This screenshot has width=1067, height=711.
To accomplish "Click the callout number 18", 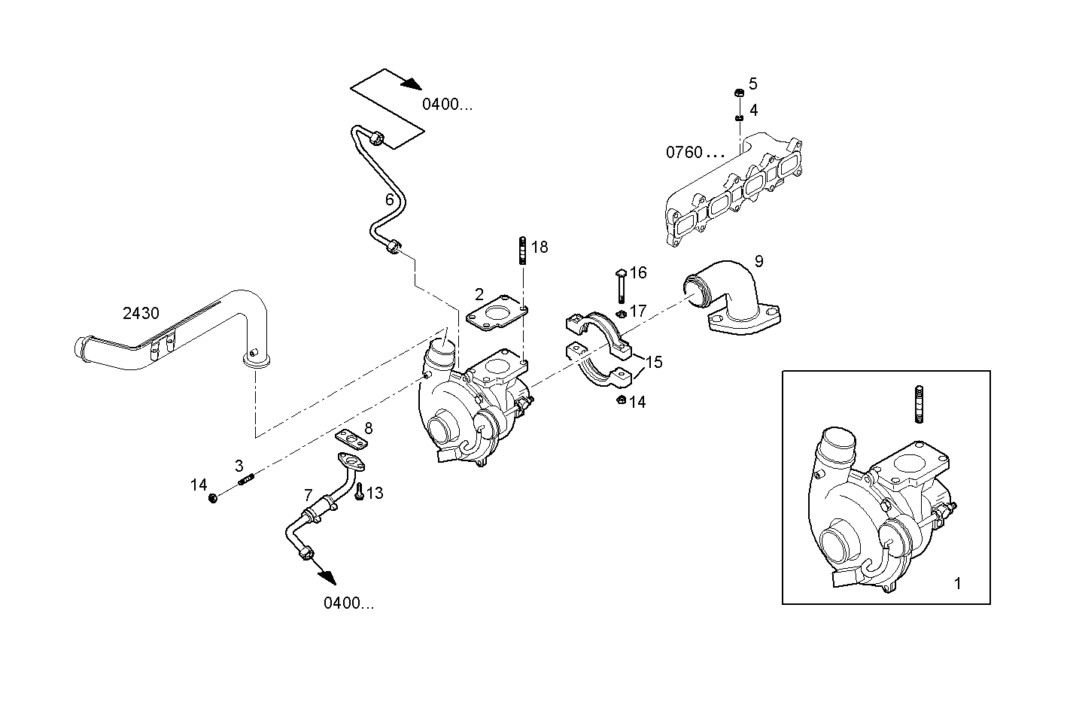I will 540,247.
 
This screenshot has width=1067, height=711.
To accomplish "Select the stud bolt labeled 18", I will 521,251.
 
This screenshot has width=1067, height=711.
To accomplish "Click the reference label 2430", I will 141,313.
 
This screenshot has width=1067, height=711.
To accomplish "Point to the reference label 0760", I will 684,152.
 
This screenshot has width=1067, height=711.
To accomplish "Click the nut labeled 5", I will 739,93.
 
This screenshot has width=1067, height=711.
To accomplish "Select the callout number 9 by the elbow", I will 758,261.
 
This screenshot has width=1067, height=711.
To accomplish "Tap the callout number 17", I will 638,311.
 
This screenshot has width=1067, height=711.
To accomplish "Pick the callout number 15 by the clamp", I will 654,362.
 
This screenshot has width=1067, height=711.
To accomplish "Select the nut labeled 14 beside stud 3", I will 214,498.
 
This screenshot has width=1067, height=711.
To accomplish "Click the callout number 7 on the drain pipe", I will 308,495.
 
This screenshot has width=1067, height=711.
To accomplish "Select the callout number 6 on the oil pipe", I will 390,199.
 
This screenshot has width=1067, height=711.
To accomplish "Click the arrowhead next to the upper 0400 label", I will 409,84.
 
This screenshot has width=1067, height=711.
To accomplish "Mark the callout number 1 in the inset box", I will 957,583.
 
